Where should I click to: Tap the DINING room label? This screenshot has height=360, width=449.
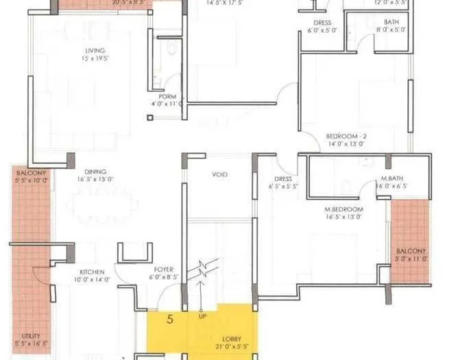(95, 172)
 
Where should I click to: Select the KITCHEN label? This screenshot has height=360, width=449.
(91, 272)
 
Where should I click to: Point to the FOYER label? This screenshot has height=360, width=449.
(163, 269)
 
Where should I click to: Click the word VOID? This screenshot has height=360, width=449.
(220, 175)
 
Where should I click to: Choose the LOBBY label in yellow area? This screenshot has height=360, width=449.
(230, 339)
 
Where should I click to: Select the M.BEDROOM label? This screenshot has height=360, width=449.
(344, 208)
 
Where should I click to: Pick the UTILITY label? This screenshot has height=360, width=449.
(30, 335)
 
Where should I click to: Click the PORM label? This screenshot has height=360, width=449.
(167, 97)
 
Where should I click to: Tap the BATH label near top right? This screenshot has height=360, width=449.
(391, 22)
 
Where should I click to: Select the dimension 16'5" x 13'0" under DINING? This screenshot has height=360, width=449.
(95, 179)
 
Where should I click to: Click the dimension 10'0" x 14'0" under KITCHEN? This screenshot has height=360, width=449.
(91, 280)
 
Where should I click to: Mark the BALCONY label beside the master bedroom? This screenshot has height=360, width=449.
(411, 251)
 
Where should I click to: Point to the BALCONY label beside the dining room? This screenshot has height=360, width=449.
(32, 173)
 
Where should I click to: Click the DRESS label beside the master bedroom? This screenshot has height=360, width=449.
(282, 179)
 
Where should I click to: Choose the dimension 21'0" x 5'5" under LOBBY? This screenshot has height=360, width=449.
(230, 347)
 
